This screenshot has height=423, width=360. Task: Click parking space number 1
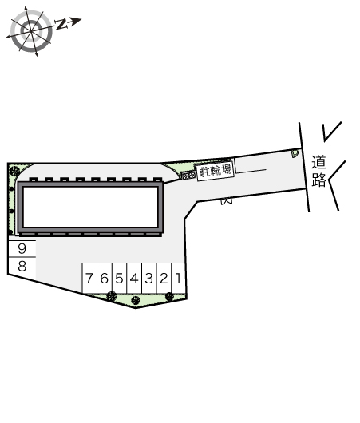point(178,279)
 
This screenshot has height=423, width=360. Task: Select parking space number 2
point(164,279)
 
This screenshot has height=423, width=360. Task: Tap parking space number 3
point(149,279)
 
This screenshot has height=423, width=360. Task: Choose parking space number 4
point(134,279)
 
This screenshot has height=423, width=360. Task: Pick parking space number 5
point(119,279)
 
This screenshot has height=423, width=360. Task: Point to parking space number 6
point(104,279)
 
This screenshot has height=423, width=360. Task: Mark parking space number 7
point(89,279)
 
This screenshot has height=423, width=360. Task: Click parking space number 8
point(22,267)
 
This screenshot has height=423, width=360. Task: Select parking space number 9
point(22,248)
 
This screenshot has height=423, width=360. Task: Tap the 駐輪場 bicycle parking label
point(216,171)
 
